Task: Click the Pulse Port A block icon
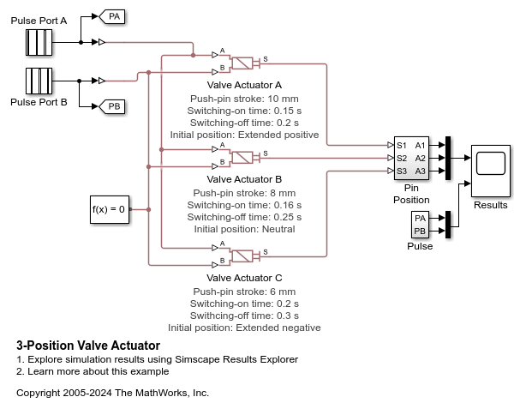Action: [39, 41]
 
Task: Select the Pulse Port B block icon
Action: [39, 81]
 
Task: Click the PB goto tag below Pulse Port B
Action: [113, 106]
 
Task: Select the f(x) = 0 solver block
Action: [109, 208]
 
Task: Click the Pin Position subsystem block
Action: [410, 158]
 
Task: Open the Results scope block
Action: [490, 165]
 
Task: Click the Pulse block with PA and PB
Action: [420, 226]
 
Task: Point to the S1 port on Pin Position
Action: [401, 145]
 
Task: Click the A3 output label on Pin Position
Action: [420, 171]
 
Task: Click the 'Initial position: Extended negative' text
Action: [244, 327]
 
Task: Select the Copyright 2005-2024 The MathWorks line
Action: [112, 393]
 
